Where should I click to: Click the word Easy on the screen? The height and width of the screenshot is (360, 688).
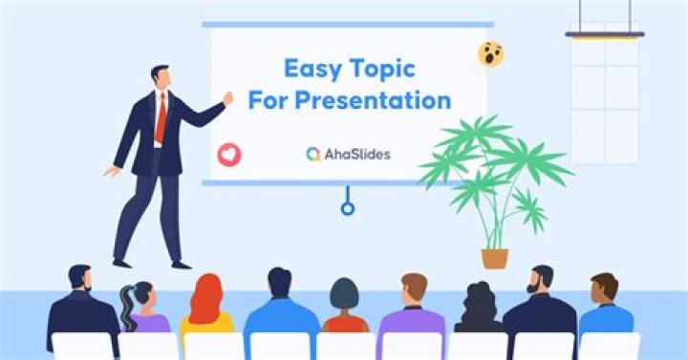pyautogui.click(x=312, y=70)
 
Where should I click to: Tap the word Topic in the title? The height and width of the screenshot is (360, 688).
pyautogui.click(x=382, y=70)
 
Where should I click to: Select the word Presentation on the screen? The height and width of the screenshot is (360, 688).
pyautogui.click(x=373, y=100)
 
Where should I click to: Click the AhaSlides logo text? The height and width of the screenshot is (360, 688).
pyautogui.click(x=357, y=155)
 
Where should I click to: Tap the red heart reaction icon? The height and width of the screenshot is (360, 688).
pyautogui.click(x=229, y=155)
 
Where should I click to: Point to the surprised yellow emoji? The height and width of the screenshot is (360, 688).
pyautogui.click(x=490, y=53)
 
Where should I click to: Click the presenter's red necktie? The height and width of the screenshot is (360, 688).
pyautogui.click(x=161, y=118)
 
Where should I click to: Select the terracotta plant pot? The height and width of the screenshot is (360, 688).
pyautogui.click(x=495, y=258)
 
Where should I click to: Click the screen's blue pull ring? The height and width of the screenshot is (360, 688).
pyautogui.click(x=348, y=208)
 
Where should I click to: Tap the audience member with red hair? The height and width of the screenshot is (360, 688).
pyautogui.click(x=205, y=307)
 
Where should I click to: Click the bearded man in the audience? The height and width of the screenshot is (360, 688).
pyautogui.click(x=540, y=309)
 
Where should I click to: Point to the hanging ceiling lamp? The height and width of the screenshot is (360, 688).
pyautogui.click(x=605, y=34)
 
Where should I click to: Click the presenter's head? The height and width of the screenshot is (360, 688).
pyautogui.click(x=161, y=77)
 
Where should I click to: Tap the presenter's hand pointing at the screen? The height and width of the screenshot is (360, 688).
pyautogui.click(x=227, y=98)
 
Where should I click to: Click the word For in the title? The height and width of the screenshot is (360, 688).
pyautogui.click(x=268, y=100)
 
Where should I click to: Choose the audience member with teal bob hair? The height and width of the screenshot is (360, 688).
pyautogui.click(x=345, y=307)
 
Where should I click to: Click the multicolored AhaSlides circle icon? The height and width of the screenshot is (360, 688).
pyautogui.click(x=313, y=155)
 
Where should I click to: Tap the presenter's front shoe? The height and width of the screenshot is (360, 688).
pyautogui.click(x=182, y=265)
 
